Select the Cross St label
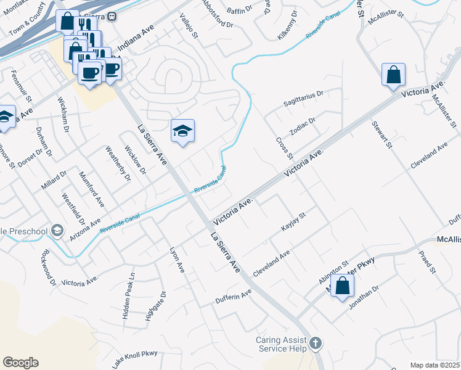pyautogui.click(x=283, y=147)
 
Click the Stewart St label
pyautogui.click(x=381, y=134)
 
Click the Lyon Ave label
pyautogui.click(x=177, y=260)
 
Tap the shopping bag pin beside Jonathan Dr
pyautogui.click(x=342, y=286)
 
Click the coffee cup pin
pyautogui.click(x=90, y=73)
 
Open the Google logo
pyautogui.click(x=20, y=363)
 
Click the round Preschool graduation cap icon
pyautogui.click(x=57, y=231)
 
